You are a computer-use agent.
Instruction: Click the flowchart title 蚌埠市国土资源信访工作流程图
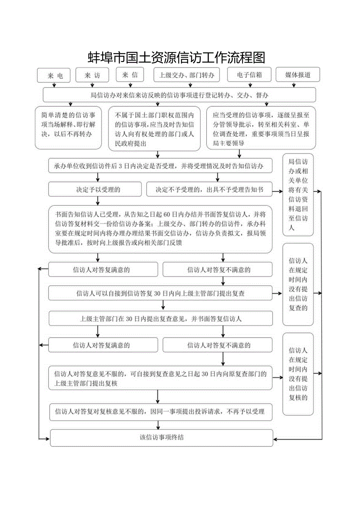(176, 58)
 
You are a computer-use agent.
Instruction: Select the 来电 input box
(54, 76)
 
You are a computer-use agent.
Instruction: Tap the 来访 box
(92, 75)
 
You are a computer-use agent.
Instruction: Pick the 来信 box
(130, 75)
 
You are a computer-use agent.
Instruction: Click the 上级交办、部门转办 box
(186, 75)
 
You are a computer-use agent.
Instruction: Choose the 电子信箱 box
(250, 75)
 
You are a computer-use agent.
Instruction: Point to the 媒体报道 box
(298, 75)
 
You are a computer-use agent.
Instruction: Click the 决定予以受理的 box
(95, 190)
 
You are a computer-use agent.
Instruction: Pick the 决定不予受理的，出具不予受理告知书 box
(209, 190)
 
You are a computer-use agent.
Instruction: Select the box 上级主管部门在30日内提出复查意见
(160, 318)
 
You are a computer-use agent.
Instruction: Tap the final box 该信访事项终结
(161, 437)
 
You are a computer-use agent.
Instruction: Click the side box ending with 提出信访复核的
(298, 374)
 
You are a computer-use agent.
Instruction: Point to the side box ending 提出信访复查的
(298, 284)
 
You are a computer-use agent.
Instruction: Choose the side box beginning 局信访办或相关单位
(298, 194)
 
